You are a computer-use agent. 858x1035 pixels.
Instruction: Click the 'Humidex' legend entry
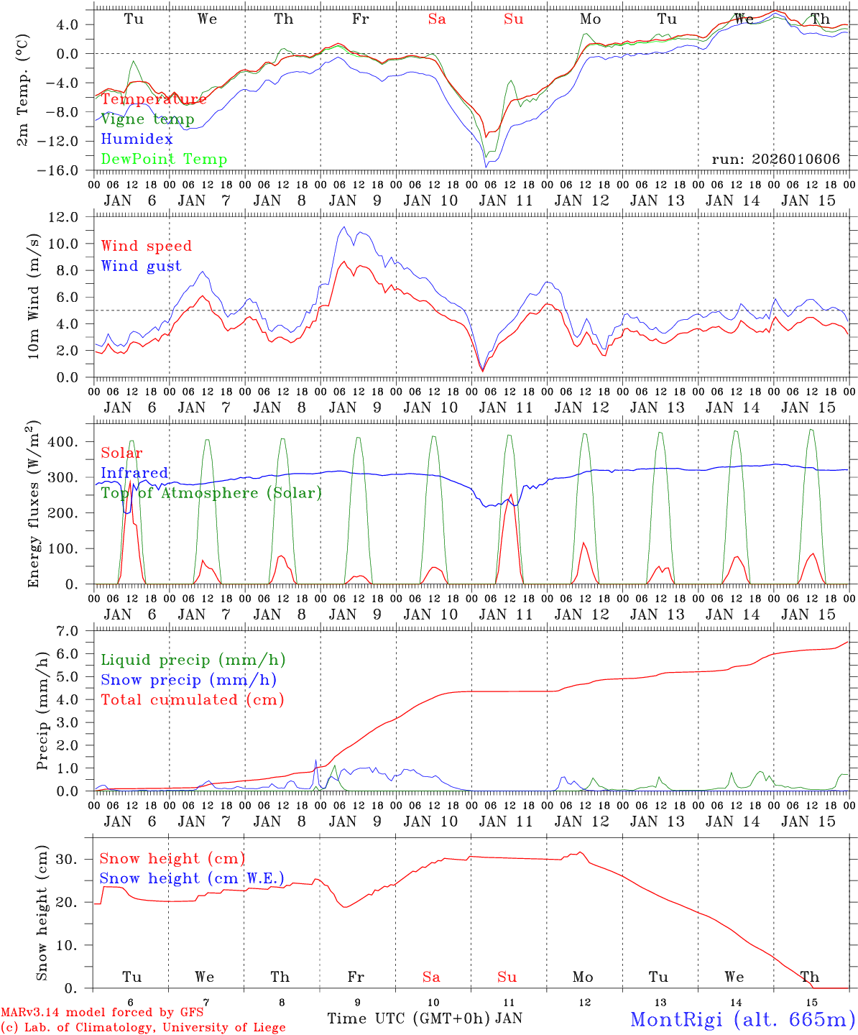coord(137,139)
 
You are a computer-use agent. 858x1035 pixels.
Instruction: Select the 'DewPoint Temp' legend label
coord(164,160)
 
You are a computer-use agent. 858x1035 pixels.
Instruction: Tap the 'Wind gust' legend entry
coord(141,266)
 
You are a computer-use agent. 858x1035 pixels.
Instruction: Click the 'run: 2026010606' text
coord(775,160)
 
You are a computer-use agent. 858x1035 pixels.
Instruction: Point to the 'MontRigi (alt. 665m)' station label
coord(742,1018)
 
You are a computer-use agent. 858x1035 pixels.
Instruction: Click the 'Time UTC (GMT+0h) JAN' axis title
coord(424,1018)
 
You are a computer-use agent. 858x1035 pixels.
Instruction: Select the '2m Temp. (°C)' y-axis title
coord(23,91)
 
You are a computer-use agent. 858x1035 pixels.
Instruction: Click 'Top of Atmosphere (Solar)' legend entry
coord(211,493)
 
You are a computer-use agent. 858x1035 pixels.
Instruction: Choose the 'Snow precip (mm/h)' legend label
coord(188,680)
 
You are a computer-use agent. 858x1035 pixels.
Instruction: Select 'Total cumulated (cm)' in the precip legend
coord(192,700)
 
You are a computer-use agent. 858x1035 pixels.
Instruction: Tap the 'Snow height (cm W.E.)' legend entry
coord(191,878)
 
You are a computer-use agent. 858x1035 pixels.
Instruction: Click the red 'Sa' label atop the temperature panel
coord(437,19)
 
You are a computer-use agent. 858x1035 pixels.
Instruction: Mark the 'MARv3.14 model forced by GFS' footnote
coord(102,1012)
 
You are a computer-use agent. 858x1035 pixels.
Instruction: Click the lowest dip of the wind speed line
coord(482,370)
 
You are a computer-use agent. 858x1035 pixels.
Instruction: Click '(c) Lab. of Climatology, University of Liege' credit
coord(143,1028)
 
